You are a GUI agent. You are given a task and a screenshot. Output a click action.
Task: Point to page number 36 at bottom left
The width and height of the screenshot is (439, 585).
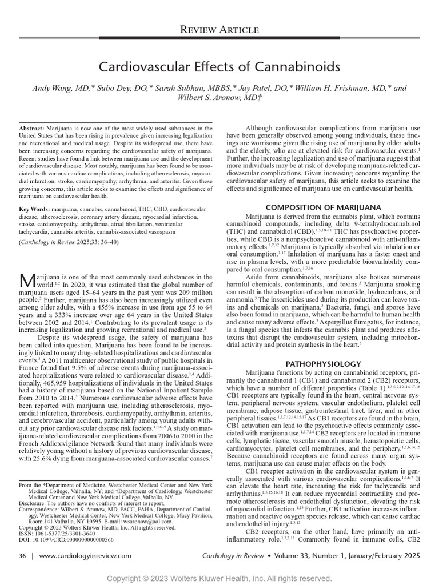(x=22, y=555)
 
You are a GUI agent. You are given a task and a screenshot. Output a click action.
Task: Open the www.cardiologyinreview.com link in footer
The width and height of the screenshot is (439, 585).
(x=85, y=555)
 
